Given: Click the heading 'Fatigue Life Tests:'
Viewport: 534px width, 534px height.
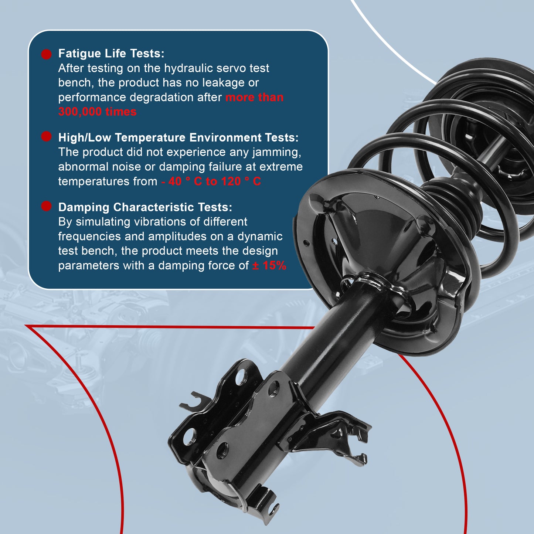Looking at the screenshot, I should point(111,54).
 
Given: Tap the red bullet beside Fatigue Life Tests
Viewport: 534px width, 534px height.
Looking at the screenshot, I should point(46,54).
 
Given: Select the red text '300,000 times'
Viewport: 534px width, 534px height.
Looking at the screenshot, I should point(97,112).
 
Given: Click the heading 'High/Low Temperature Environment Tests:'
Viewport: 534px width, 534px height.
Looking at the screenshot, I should point(178,137).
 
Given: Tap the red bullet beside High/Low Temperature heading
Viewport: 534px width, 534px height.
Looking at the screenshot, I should point(46,137).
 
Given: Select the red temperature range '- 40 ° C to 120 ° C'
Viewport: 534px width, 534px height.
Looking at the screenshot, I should point(211,181).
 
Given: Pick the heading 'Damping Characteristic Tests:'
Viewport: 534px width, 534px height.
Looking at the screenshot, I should point(145,207).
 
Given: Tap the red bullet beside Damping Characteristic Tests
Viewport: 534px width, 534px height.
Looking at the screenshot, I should point(46,206).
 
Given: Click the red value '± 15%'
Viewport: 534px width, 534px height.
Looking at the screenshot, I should point(269,265).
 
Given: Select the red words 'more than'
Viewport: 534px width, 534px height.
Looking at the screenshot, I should point(254,98).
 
